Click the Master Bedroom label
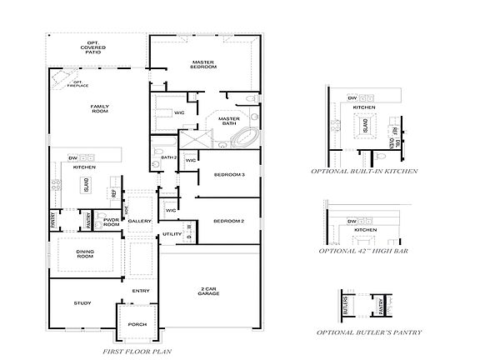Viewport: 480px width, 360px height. [203, 65]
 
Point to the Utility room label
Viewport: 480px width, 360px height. [172, 234]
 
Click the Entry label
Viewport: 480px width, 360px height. [140, 290]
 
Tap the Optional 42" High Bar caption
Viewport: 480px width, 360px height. [364, 250]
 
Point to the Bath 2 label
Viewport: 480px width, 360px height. [167, 157]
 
